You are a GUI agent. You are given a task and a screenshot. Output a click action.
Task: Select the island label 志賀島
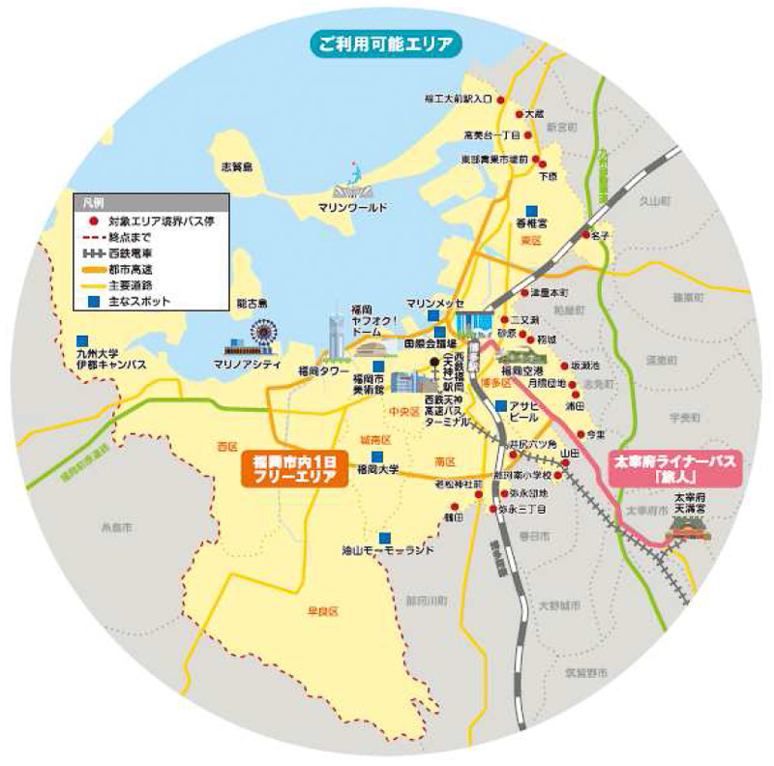coord(235,167)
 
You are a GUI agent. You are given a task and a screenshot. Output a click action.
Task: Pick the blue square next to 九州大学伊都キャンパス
coord(82,341)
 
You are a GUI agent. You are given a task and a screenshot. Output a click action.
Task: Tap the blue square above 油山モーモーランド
coord(385,538)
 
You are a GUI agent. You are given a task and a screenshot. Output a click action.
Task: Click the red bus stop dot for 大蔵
coord(516,113)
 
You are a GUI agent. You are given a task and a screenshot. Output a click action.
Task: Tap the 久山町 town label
coord(656,201)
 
